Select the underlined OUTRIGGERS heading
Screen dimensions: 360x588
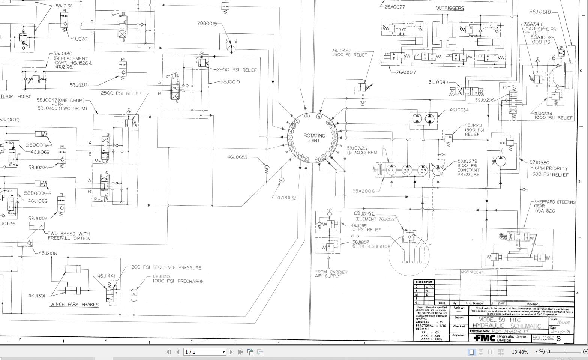coord(449,8)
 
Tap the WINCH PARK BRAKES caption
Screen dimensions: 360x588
coord(74,304)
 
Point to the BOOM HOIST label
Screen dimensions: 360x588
coord(16,96)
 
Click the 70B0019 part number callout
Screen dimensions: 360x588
coord(207,23)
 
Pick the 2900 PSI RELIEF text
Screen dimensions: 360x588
coord(237,70)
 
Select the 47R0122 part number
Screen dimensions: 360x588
coord(286,198)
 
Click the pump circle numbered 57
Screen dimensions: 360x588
coord(391,171)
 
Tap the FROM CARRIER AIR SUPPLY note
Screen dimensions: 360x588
coord(331,274)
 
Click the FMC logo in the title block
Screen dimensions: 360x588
coord(484,338)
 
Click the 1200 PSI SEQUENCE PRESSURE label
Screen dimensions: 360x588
coord(166,267)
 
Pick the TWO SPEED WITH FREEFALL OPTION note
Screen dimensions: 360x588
coord(69,236)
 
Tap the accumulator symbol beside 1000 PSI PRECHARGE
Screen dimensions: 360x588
coord(134,295)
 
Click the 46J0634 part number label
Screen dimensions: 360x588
coord(459,110)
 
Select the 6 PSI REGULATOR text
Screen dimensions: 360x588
coord(371,246)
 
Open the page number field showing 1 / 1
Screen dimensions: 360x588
coord(205,352)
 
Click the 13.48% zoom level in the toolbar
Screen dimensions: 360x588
coord(520,352)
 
